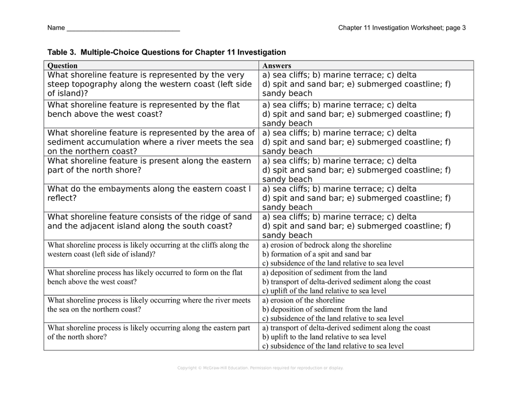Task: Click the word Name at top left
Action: point(55,28)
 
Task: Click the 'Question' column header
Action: point(63,66)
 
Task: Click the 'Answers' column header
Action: point(277,66)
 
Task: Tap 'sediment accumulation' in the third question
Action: point(89,142)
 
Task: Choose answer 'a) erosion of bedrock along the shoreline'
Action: point(327,245)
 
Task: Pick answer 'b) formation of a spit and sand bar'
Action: point(316,254)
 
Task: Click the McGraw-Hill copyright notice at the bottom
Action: point(260,367)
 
